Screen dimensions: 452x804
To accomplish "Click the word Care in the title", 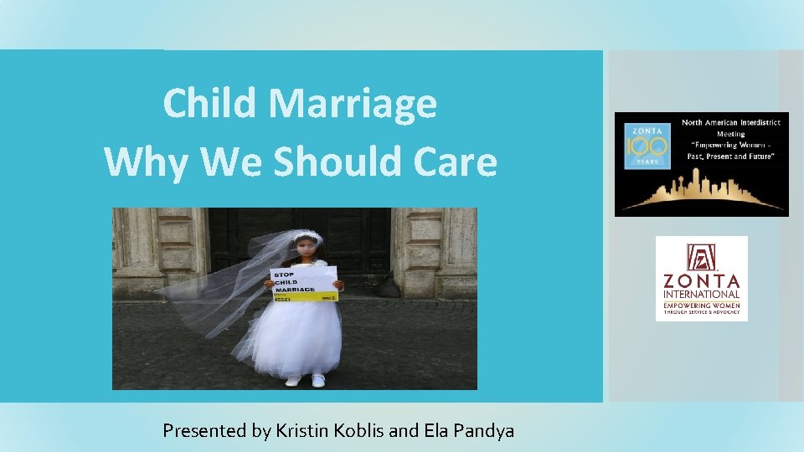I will [457, 162].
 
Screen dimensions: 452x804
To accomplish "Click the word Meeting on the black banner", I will [730, 133].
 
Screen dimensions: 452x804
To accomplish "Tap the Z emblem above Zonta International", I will [701, 256].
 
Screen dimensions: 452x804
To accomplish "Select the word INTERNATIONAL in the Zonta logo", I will [702, 294].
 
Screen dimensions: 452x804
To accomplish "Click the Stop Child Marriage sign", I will [303, 284].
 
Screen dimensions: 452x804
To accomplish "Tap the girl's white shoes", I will [305, 380].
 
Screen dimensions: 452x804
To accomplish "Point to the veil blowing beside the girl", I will [218, 285].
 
